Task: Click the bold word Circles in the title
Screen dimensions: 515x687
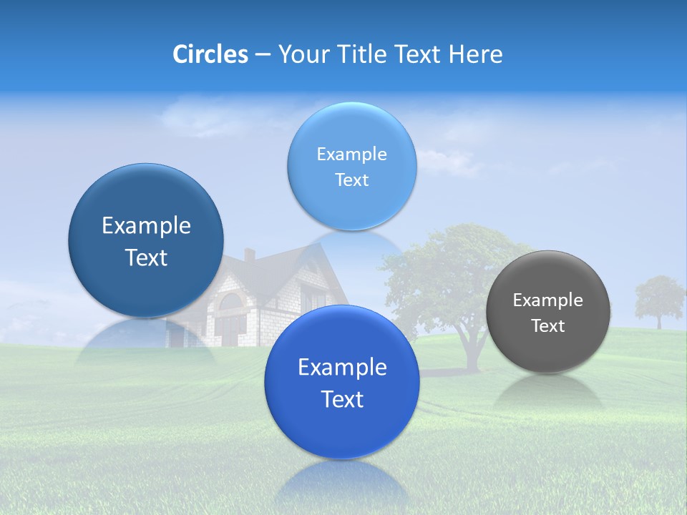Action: [210, 54]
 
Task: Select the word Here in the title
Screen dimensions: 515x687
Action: [475, 54]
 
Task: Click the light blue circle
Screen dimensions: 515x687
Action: [352, 166]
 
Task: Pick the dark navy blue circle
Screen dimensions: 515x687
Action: [146, 240]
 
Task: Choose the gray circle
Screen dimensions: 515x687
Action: [547, 312]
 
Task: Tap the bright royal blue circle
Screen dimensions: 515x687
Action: [342, 382]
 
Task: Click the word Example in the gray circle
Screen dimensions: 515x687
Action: [547, 300]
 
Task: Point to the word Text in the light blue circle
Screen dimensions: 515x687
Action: [352, 180]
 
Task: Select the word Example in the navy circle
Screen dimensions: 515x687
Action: [146, 226]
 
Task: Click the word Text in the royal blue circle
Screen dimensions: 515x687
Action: [342, 399]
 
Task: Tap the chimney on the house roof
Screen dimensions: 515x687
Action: [249, 255]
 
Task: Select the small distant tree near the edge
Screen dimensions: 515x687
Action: [658, 297]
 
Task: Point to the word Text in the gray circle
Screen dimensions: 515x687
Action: [547, 326]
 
